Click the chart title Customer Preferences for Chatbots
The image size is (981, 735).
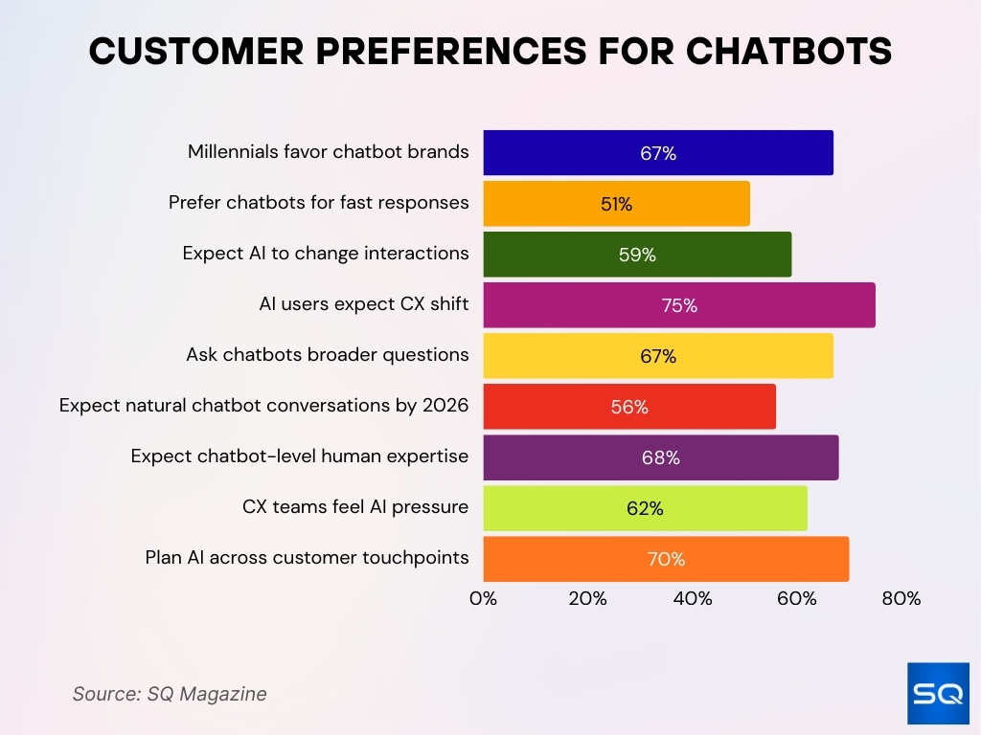tap(490, 53)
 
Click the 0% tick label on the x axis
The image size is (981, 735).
tap(483, 599)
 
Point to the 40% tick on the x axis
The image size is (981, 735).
tap(693, 599)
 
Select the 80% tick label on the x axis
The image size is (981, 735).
tap(901, 599)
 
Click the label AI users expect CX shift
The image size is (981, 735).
tap(364, 304)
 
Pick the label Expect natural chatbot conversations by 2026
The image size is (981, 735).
tap(264, 406)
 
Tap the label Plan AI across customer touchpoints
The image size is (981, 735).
tap(308, 558)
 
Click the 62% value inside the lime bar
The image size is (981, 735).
tap(645, 509)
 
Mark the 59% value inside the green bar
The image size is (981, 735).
tap(637, 256)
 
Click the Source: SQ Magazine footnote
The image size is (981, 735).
tap(170, 694)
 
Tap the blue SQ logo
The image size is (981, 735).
tap(938, 693)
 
